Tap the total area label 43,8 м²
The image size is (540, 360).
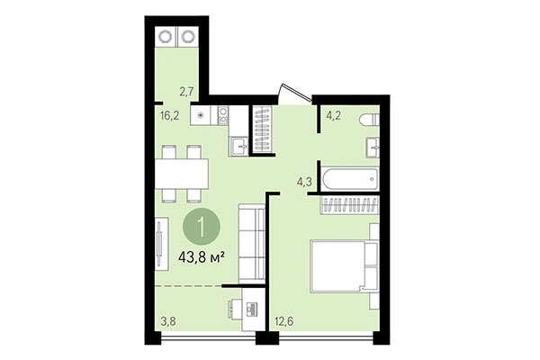click(x=202, y=256)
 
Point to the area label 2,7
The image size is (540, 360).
click(x=186, y=91)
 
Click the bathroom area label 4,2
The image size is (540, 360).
click(x=331, y=114)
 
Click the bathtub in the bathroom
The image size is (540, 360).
click(x=346, y=178)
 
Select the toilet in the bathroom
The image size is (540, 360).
click(x=368, y=121)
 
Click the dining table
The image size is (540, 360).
click(x=181, y=170)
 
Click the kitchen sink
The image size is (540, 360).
click(x=240, y=148)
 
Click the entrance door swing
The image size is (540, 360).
click(x=292, y=93)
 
